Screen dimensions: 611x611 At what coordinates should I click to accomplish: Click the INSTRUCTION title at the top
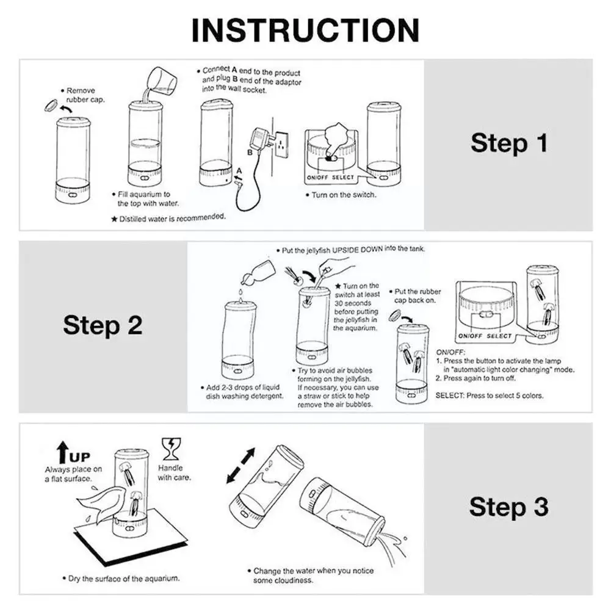pyautogui.click(x=305, y=31)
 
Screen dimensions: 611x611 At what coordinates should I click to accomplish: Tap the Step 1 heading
pyautogui.click(x=509, y=143)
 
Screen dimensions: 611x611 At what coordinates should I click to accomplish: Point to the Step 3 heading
pyautogui.click(x=509, y=507)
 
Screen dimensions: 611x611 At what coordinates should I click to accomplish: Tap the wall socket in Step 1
pyautogui.click(x=281, y=145)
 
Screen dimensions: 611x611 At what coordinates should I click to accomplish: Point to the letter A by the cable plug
pyautogui.click(x=239, y=170)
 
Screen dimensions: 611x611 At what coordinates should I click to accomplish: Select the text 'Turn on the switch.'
pyautogui.click(x=341, y=195)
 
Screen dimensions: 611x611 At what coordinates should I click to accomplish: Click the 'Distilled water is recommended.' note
pyautogui.click(x=168, y=218)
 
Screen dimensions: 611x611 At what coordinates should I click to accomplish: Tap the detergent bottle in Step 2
pyautogui.click(x=258, y=271)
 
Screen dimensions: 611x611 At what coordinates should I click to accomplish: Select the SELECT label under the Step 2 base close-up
pyautogui.click(x=499, y=336)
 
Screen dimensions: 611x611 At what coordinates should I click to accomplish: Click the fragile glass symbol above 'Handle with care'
pyautogui.click(x=171, y=449)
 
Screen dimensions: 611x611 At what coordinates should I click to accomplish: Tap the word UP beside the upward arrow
pyautogui.click(x=80, y=457)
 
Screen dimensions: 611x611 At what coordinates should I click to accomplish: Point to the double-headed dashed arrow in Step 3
pyautogui.click(x=241, y=466)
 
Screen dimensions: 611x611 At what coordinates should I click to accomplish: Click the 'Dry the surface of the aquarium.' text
pyautogui.click(x=121, y=579)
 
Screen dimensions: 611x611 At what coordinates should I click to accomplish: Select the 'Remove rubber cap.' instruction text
pyautogui.click(x=82, y=95)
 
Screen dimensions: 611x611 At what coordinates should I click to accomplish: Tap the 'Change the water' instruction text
pyautogui.click(x=311, y=576)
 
